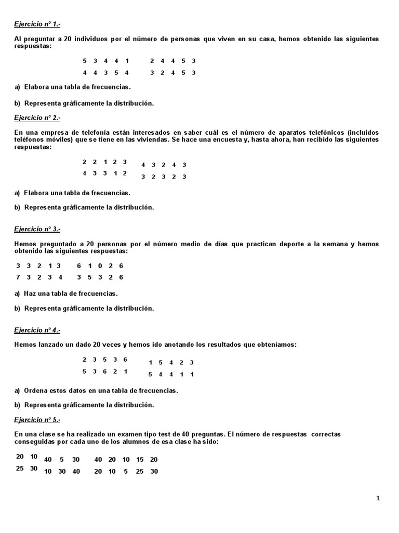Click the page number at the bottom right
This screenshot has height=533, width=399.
378,498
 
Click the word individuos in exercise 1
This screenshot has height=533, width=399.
92,39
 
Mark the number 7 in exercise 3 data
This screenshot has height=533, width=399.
18,277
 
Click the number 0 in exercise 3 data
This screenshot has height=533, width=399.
100,266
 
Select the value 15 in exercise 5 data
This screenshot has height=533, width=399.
140,460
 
